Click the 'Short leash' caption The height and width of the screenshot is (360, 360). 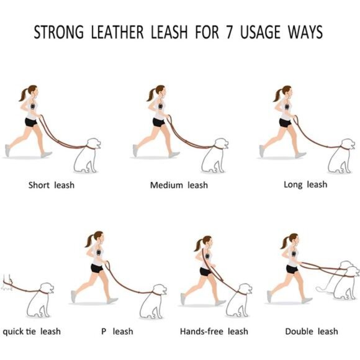point(51,185)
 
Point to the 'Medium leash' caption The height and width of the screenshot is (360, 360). point(179,185)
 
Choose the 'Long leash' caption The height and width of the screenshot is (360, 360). point(305,184)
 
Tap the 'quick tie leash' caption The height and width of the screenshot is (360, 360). point(32,331)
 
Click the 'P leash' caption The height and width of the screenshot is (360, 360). point(117,331)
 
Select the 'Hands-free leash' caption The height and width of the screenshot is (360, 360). point(214,331)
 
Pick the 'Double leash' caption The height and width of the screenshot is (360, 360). point(312,331)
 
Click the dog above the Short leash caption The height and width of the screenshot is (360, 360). point(87,156)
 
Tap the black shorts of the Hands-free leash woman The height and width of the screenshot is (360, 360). point(206,272)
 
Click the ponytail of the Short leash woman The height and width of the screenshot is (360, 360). point(24,95)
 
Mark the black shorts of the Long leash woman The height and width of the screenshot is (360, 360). point(286,123)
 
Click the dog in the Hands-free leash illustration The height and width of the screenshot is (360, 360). point(238,302)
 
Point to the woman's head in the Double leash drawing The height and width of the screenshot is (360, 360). point(292,240)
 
